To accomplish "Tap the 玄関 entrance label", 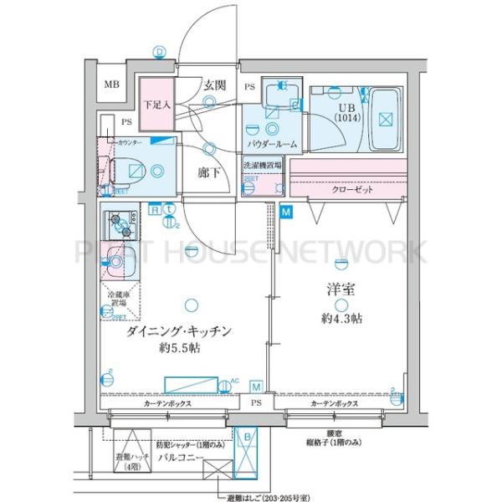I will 213,85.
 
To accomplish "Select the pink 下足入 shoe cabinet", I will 155,105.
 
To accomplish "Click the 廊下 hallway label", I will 208,172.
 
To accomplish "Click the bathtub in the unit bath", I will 384,117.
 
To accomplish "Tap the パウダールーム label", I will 272,145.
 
